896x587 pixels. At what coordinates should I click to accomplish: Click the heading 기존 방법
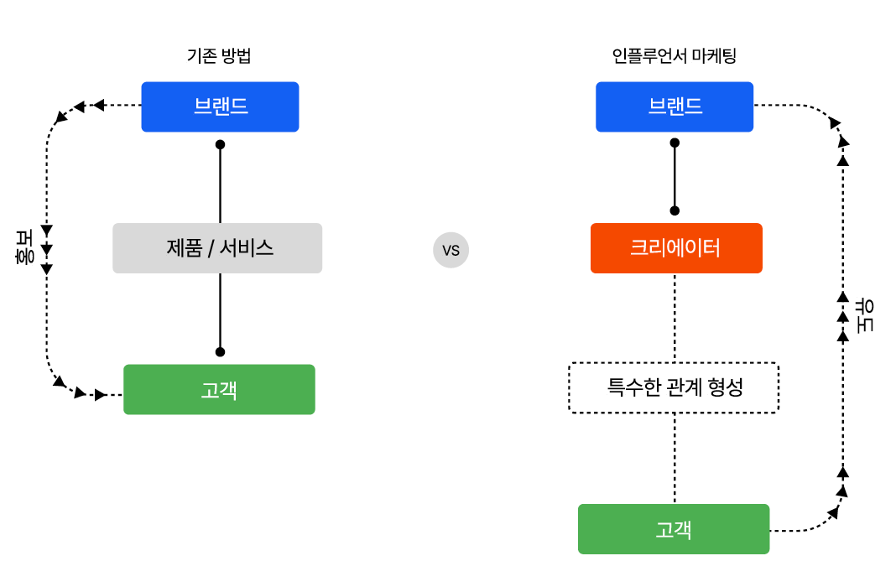tap(219, 57)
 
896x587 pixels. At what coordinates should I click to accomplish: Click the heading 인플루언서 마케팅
tap(675, 57)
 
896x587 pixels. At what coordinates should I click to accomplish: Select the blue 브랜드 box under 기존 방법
tap(220, 106)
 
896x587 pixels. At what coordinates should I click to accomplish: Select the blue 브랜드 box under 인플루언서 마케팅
tap(675, 106)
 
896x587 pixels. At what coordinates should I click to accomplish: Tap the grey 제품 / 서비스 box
tap(217, 248)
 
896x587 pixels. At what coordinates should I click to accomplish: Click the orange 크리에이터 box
tap(676, 248)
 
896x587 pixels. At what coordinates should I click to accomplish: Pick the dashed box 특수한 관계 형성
tap(674, 387)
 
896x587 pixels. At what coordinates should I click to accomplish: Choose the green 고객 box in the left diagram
tap(219, 389)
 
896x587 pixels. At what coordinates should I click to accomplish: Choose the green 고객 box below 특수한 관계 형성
tap(674, 529)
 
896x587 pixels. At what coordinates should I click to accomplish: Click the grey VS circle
tap(451, 250)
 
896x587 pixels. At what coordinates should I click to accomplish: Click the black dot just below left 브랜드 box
tap(220, 144)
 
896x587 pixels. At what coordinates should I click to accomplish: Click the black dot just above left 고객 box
tap(220, 351)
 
